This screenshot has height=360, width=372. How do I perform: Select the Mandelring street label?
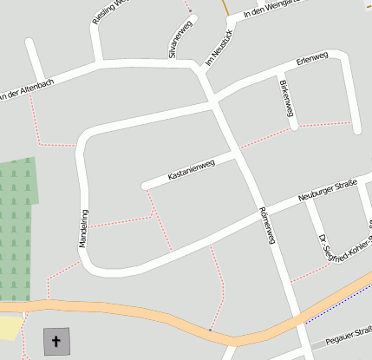pyautogui.click(x=84, y=228)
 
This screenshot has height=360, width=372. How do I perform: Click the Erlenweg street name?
pyautogui.click(x=312, y=62)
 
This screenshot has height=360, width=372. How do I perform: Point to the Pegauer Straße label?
pyautogui.click(x=348, y=333)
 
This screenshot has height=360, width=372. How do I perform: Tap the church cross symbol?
pyautogui.click(x=57, y=341)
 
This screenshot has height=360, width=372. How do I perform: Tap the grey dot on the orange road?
pyautogui.click(x=210, y=330)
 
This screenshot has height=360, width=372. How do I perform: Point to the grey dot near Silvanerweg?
pyautogui.click(x=190, y=11)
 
